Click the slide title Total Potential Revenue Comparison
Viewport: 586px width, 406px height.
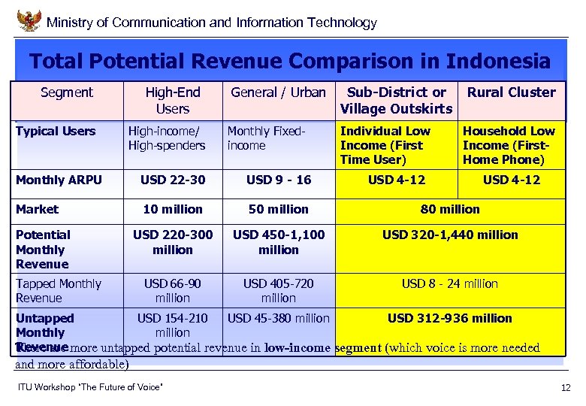289,60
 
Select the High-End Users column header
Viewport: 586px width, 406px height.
173,100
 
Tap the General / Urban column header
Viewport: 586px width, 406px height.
278,92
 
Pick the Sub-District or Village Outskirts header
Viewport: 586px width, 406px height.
396,100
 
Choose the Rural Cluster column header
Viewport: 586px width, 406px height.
512,92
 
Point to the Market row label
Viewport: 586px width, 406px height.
37,209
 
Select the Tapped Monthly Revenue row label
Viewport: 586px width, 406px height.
58,290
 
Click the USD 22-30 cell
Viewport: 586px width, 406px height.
173,180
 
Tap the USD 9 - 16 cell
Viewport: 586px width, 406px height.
278,180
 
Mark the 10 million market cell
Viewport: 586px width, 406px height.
173,209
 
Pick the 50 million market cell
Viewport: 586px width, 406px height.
278,209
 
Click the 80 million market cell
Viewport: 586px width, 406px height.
450,209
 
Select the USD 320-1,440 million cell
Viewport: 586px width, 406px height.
450,235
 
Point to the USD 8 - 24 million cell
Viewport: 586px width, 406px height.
450,283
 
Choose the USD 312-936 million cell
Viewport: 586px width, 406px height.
450,318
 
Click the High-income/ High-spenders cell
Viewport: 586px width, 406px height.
167,138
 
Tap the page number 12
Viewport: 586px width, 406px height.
565,388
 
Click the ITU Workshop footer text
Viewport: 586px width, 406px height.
89,387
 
